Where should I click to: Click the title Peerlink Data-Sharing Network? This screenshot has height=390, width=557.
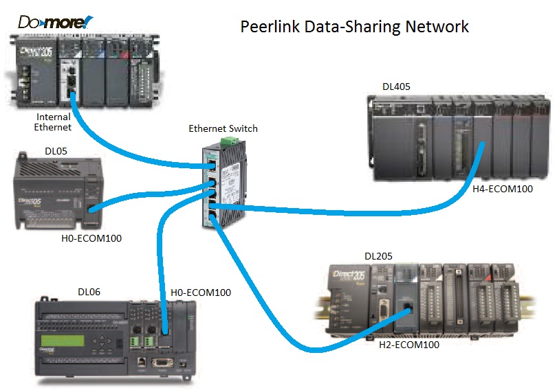point(354,27)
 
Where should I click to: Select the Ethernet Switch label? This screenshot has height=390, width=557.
point(223,128)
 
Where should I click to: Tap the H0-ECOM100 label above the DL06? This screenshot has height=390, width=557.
point(200,292)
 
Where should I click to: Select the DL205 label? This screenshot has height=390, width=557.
point(378,256)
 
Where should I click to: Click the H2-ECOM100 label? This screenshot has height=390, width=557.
point(409,345)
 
